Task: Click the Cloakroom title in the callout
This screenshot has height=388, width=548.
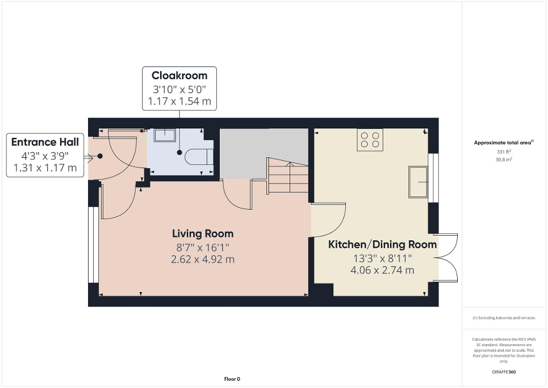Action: coord(179,76)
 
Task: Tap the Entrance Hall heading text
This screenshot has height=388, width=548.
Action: coord(45,142)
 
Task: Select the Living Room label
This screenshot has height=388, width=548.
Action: coord(203,233)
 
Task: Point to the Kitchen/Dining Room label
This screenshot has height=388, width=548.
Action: coord(382,245)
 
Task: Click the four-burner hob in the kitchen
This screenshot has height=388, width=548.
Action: coord(370,139)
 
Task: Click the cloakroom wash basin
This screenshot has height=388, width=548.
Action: coord(165,134)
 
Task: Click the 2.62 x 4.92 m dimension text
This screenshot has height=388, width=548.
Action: coord(203,259)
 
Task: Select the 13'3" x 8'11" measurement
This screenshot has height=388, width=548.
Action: coord(382,258)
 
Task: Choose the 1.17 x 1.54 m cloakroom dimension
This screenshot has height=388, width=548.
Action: coord(179,102)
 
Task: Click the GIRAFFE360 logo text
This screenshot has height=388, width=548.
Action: coord(504,372)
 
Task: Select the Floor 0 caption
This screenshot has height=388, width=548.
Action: coord(231,379)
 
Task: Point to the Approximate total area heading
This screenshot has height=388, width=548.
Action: coord(504,143)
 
